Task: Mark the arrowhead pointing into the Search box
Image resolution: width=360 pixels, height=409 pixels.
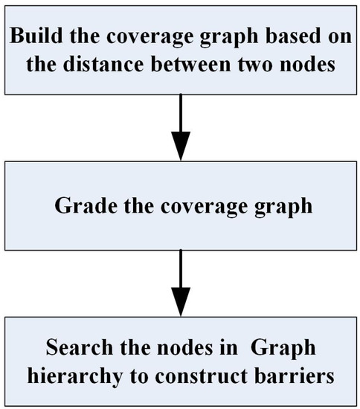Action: (x=180, y=302)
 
